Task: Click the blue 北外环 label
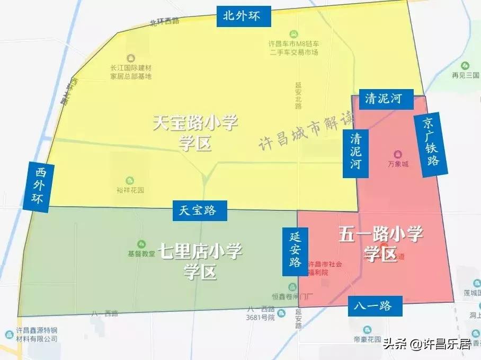[x=244, y=16]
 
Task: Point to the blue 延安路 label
[x=295, y=248]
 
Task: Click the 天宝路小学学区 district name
[x=195, y=133]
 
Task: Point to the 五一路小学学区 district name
[x=380, y=243]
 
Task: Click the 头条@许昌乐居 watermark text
[x=426, y=345]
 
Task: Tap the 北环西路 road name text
[x=164, y=22]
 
